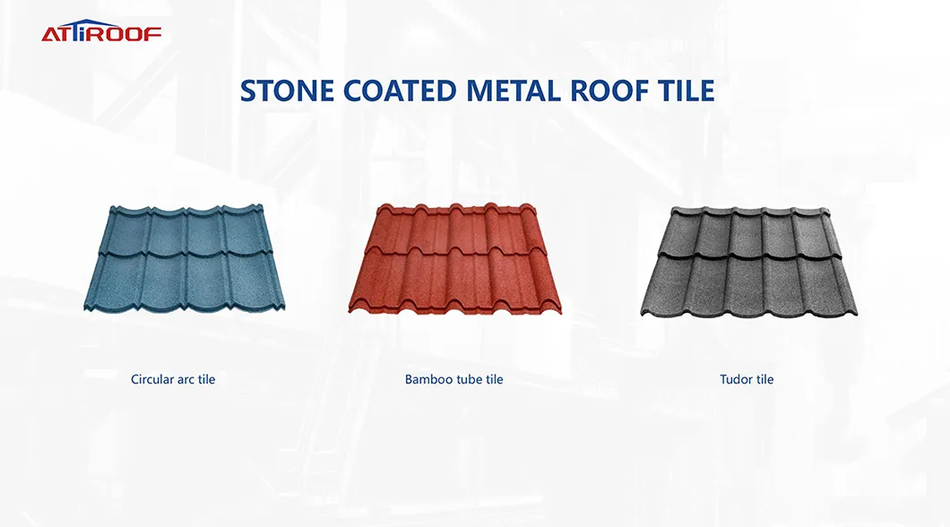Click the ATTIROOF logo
tap(101, 33)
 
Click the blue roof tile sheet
tap(184, 257)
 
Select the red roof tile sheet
tap(454, 259)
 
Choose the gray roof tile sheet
tap(748, 261)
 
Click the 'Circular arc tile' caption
tap(173, 379)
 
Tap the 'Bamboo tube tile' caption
tap(453, 379)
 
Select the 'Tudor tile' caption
tap(747, 379)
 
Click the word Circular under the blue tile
tap(152, 379)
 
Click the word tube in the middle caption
tap(469, 379)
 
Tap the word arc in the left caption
tap(186, 379)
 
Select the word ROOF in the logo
tap(131, 34)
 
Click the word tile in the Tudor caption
tap(764, 379)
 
